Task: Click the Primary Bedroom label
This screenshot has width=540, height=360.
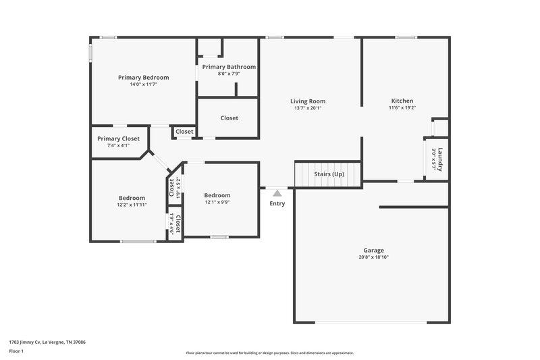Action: pos(143,78)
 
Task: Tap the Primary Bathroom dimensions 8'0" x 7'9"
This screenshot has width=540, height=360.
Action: pos(228,74)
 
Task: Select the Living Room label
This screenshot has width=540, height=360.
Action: pos(308,101)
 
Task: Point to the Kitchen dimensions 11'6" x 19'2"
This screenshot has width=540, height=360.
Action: pos(402,107)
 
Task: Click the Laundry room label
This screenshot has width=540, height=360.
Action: pos(440,158)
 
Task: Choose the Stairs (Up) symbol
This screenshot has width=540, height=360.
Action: pos(329,174)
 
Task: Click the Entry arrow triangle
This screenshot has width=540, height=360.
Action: pos(277,193)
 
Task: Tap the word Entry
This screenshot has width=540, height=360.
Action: pos(277,203)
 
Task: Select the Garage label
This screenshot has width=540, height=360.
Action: pos(373,250)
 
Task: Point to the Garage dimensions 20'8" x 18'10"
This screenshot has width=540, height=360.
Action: pos(373,257)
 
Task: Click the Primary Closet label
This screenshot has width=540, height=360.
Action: pos(118,138)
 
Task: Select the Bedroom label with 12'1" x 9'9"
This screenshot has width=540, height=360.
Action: pos(217,195)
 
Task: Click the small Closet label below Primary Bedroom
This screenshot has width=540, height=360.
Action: pos(184,132)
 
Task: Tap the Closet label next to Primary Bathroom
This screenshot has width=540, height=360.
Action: pos(229,118)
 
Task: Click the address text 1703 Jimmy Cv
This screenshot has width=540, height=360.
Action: pos(47,342)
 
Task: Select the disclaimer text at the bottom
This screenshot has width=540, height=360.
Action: pos(269,353)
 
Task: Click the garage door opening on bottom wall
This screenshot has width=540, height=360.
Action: pos(371,322)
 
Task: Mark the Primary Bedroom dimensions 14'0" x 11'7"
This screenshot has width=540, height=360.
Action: pos(143,84)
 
